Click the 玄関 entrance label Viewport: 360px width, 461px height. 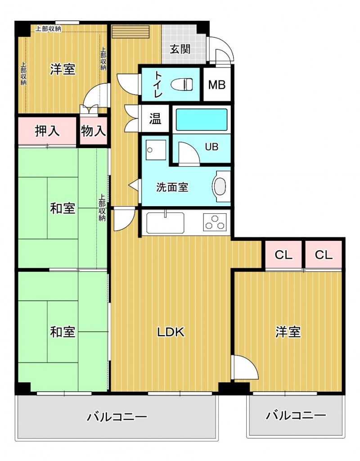click(180, 49)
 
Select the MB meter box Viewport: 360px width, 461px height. click(216, 84)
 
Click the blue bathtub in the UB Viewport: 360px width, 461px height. click(202, 120)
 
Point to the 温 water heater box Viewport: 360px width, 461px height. click(155, 119)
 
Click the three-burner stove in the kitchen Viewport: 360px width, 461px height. click(215, 221)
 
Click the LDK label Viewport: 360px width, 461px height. click(171, 332)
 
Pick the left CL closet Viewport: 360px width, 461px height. click(283, 255)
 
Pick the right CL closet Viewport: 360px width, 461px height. click(324, 255)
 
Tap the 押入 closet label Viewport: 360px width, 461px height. click(47, 131)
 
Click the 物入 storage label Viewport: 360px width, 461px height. click(94, 131)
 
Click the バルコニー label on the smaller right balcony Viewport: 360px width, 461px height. click(296, 415)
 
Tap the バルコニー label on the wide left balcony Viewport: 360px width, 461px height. click(117, 417)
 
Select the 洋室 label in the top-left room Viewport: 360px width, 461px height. click(63, 69)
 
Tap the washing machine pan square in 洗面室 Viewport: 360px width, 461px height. click(156, 149)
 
